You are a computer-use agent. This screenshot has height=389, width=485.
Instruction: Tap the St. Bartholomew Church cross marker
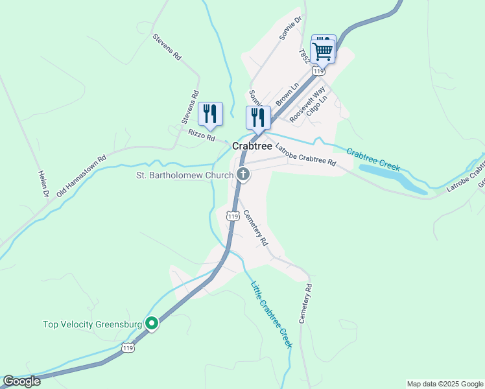(243, 174)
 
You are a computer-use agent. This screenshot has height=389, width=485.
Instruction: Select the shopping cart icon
(322, 51)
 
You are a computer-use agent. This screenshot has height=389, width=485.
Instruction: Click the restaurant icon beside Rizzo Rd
(209, 114)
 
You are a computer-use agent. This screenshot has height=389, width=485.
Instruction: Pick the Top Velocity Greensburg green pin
(152, 323)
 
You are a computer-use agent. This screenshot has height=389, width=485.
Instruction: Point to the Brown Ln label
(287, 95)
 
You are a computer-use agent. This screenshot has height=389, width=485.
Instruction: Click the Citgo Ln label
(318, 102)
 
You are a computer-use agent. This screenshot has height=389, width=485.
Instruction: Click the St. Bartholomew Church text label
(183, 174)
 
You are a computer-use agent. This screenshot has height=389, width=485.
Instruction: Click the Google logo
(21, 381)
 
